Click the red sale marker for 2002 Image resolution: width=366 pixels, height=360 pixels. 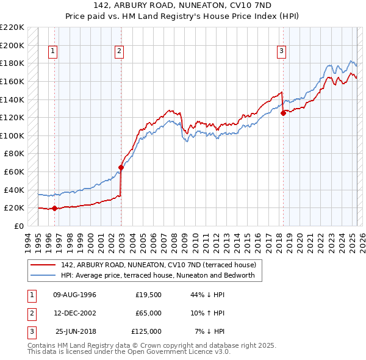[x=121, y=167]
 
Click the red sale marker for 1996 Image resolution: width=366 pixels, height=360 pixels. [x=54, y=208]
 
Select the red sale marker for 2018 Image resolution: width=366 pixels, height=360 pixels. [x=283, y=113]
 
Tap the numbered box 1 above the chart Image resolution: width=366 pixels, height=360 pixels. [x=53, y=52]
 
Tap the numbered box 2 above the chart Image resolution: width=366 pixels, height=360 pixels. [x=119, y=52]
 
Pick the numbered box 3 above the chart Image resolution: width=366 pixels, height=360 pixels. [x=281, y=52]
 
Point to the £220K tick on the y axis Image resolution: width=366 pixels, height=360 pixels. [x=12, y=27]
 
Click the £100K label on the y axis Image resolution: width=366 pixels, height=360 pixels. [x=12, y=135]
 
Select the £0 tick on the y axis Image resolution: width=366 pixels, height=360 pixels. [x=18, y=226]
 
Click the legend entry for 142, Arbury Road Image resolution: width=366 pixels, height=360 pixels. [x=162, y=265]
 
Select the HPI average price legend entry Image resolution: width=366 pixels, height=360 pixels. [x=161, y=276]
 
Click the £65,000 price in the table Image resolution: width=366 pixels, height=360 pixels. [x=149, y=313]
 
